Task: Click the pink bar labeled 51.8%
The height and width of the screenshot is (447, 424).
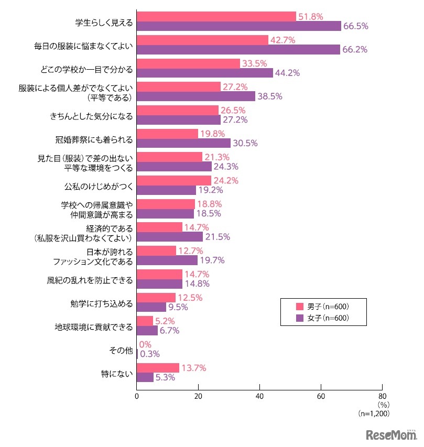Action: coord(216,16)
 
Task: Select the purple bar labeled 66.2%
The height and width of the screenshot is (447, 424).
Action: coord(238,49)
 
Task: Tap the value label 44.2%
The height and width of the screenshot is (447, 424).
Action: coord(288,73)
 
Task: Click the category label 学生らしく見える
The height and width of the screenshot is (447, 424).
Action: coord(104,21)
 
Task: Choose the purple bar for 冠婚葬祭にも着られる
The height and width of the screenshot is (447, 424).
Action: coord(183,143)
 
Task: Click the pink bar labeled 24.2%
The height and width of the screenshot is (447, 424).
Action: coord(173,180)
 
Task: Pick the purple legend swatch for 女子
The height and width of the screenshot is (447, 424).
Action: coord(300,318)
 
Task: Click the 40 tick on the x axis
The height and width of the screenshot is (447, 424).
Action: coord(259,397)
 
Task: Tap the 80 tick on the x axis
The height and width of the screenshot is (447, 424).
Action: coord(382,397)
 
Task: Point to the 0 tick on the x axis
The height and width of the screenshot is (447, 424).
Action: coord(137,397)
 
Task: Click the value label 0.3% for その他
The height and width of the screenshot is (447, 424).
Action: coord(150,354)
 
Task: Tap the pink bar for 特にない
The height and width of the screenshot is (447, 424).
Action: coord(158,368)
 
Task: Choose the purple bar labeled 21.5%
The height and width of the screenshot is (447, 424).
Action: coord(169,237)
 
